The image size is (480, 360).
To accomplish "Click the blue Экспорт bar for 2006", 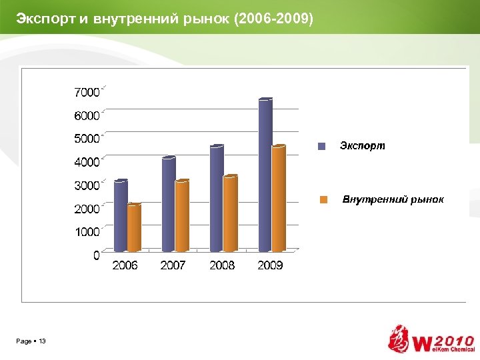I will click(x=121, y=216).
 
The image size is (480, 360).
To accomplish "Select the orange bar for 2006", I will click(x=134, y=228).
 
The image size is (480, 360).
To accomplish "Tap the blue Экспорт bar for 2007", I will click(x=169, y=204).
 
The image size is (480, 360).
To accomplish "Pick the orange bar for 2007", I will click(x=182, y=216).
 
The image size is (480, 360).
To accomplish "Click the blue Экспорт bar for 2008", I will click(x=217, y=198).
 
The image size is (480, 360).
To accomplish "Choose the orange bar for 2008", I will click(x=230, y=213).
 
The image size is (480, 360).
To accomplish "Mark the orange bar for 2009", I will click(x=279, y=198).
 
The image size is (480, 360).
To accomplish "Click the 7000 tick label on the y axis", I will click(x=86, y=91).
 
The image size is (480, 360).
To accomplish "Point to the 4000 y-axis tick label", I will click(x=86, y=161).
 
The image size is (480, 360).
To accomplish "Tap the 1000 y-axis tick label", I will click(x=86, y=231).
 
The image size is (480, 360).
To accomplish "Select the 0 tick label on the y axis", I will click(x=96, y=255).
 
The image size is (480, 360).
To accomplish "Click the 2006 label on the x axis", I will click(x=125, y=265).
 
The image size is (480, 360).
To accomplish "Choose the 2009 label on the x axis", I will click(x=270, y=265).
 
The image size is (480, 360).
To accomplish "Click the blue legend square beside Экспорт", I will click(x=321, y=146).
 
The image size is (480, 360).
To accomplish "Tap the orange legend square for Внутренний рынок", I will click(x=323, y=199).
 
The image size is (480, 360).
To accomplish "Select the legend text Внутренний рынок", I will click(x=393, y=199).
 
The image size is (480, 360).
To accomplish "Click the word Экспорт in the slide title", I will click(x=46, y=17).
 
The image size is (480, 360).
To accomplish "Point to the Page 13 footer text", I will click(x=31, y=341).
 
